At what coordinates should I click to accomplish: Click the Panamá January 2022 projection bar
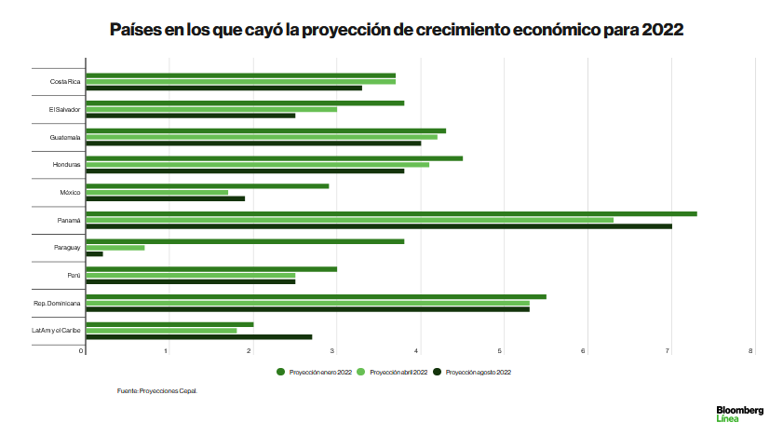click(391, 213)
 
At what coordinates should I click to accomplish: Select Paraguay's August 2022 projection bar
click(94, 253)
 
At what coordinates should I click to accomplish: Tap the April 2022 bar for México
click(156, 192)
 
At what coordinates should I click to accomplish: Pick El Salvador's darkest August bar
click(190, 116)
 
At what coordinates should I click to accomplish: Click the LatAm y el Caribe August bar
click(198, 336)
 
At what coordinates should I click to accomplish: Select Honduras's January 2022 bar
click(274, 158)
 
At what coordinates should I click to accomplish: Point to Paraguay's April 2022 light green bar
click(115, 247)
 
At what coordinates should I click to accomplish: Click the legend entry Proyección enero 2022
click(314, 372)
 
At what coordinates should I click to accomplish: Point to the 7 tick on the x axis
click(668, 351)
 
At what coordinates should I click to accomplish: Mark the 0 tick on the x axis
click(83, 351)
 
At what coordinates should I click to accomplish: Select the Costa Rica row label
click(65, 82)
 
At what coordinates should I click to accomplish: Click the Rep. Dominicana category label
click(58, 303)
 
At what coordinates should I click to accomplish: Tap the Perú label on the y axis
click(74, 276)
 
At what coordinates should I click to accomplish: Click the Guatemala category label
click(65, 137)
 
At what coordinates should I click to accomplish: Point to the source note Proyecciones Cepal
click(157, 391)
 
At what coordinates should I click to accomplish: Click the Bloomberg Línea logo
click(739, 414)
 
